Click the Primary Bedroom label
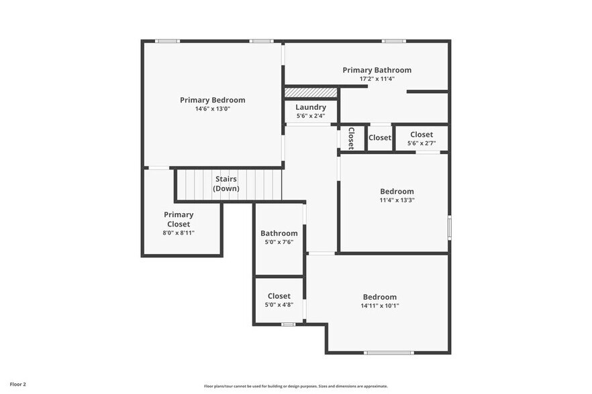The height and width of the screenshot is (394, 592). pos(212,100)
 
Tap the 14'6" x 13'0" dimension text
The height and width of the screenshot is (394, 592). pos(212,109)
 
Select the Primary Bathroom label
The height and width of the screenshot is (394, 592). pos(377,70)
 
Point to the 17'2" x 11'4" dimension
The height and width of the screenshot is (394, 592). pos(377,78)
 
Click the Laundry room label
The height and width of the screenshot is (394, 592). pos(311,107)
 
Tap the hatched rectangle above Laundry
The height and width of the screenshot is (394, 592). pos(311,92)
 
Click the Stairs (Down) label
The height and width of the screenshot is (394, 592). pos(226,184)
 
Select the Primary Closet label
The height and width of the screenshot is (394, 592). pos(179,219)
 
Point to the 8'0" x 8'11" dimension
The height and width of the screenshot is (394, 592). pos(179,233)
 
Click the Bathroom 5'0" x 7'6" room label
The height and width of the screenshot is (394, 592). pos(279,233)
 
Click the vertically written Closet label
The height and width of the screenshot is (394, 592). pos(351,138)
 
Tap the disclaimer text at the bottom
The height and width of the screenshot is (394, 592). pos(295,386)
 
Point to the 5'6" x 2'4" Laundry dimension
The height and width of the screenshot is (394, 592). pos(311,116)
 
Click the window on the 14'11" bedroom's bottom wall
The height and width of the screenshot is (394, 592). pos(389,352)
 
